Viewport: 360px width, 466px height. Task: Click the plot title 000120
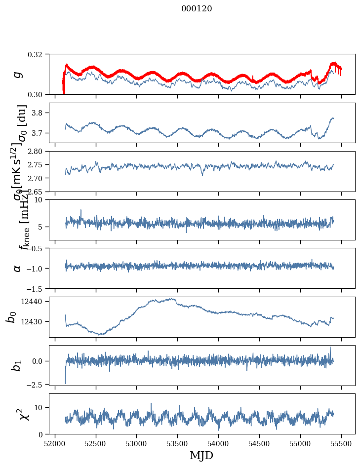pos(197,8)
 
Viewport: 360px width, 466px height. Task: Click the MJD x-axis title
pos(201,455)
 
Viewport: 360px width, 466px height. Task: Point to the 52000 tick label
pos(54,443)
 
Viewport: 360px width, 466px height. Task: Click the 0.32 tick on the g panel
pos(39,54)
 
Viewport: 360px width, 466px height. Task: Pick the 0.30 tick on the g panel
pos(39,94)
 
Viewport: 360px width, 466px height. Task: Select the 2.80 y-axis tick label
pos(39,151)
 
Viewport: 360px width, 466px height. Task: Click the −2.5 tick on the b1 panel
pos(38,384)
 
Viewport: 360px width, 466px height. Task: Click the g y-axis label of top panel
pos(18,74)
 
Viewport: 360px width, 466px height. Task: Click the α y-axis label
pos(18,268)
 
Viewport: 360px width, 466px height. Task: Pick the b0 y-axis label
pos(11,317)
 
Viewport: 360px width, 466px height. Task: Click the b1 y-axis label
pos(17,365)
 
